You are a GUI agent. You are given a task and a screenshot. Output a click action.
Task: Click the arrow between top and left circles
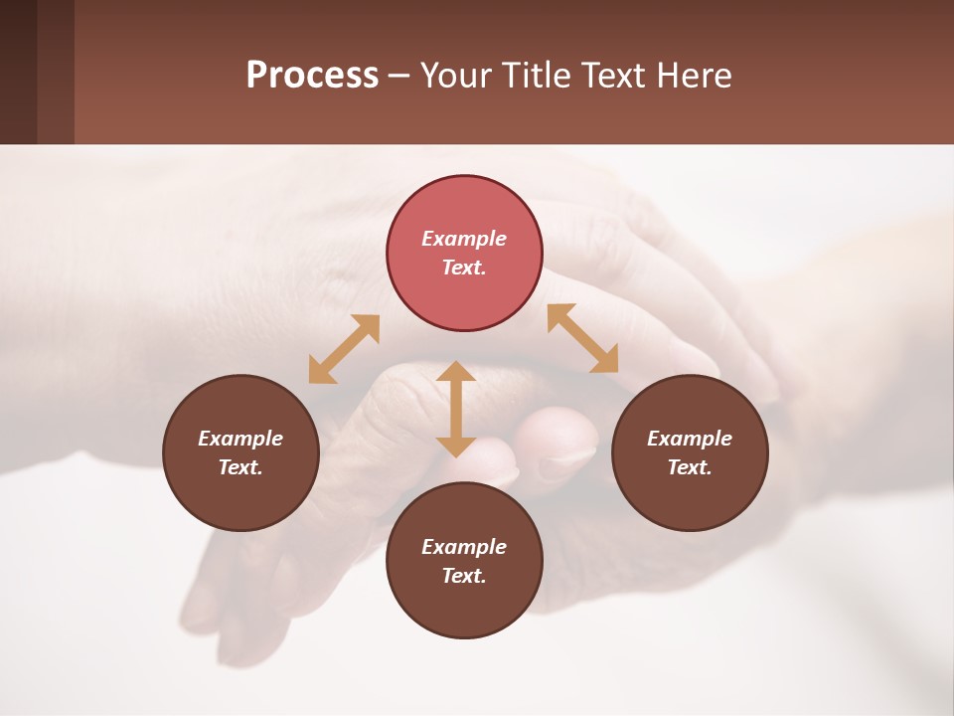tap(344, 349)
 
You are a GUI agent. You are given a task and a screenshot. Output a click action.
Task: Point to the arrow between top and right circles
tap(583, 338)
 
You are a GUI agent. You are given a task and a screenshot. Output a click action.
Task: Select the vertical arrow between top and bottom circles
tap(456, 409)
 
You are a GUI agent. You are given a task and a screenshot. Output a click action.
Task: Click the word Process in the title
tap(312, 76)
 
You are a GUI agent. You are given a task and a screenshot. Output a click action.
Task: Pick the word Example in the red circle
tap(464, 239)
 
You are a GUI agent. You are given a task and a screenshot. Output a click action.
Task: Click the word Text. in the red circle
tap(464, 268)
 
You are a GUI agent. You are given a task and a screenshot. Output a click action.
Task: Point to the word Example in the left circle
tap(240, 439)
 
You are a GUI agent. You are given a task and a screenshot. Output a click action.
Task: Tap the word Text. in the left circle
tap(240, 467)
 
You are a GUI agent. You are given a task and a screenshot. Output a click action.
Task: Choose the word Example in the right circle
tap(690, 439)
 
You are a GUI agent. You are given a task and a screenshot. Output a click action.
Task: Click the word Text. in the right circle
tap(690, 467)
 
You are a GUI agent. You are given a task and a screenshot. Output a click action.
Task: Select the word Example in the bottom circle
tap(464, 547)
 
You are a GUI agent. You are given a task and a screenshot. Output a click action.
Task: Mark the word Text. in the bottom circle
tap(464, 576)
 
